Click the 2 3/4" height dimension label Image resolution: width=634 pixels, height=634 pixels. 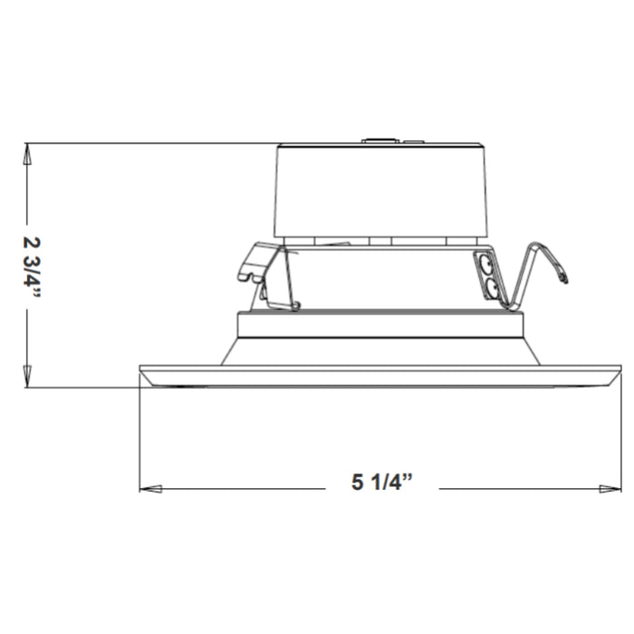[33, 264]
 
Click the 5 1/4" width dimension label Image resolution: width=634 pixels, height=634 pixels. [381, 484]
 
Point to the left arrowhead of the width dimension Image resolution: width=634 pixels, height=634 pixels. [150, 488]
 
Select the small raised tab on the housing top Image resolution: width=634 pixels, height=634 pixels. [379, 140]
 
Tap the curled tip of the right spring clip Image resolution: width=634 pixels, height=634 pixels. [563, 277]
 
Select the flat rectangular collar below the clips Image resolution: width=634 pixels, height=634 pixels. [380, 323]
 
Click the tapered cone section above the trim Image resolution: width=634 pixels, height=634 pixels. [380, 351]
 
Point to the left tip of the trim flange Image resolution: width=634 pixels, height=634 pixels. [142, 370]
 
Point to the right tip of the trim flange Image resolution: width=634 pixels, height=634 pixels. [619, 370]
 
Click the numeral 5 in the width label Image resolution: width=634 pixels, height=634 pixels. [356, 484]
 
